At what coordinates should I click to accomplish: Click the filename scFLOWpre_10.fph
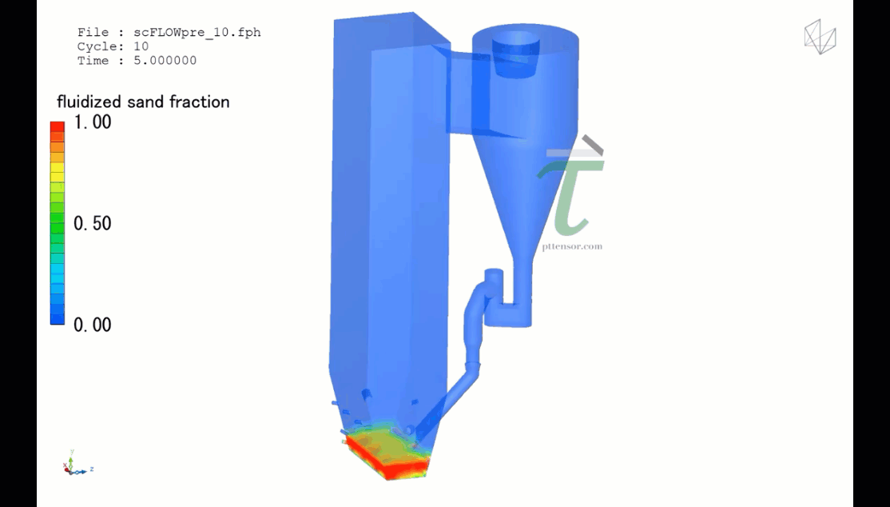(197, 33)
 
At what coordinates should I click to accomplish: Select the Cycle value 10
(141, 46)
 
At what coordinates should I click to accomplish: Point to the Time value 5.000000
(165, 61)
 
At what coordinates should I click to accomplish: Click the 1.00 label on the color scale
(93, 122)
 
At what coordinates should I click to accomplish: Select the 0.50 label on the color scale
(93, 223)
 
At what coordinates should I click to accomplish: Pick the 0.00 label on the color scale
(93, 325)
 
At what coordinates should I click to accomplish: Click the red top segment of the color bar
(58, 126)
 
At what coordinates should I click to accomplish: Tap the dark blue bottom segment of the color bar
(58, 319)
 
